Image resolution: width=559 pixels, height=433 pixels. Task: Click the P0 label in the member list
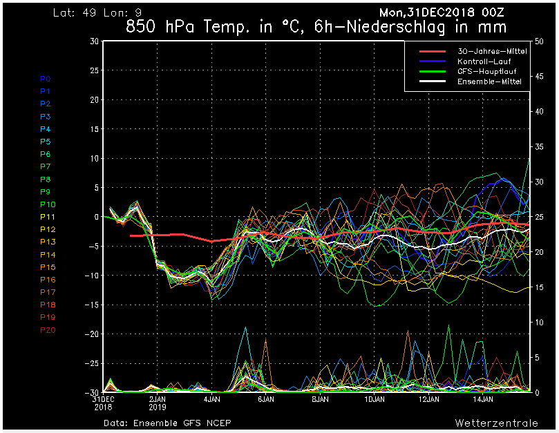[45, 79]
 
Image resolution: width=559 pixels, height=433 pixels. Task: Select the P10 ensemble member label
[48, 204]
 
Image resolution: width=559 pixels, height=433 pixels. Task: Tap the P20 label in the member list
[48, 330]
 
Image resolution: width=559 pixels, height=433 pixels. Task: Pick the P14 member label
[48, 255]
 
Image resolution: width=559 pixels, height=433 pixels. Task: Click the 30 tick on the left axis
[94, 41]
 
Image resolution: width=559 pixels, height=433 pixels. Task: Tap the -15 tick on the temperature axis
[91, 305]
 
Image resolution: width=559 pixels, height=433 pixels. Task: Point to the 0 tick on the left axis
[96, 217]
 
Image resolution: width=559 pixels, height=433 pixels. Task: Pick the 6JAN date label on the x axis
[266, 399]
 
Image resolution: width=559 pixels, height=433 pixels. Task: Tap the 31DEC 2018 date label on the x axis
[104, 403]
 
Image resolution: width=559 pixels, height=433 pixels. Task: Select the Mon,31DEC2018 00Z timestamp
[442, 12]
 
